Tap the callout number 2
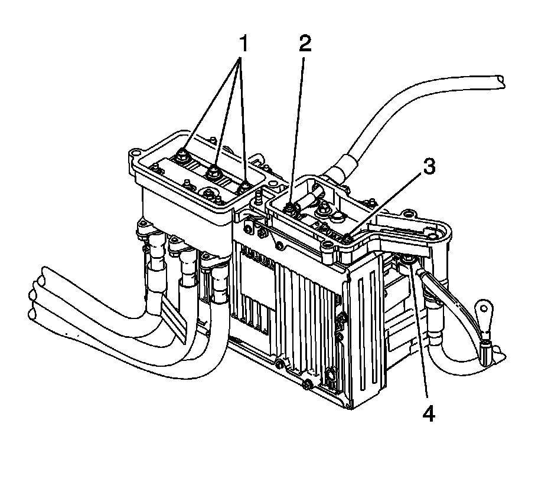304,44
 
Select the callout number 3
429,167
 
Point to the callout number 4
429,413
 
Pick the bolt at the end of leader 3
348,238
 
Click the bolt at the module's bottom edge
308,386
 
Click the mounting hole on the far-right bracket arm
436,235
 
